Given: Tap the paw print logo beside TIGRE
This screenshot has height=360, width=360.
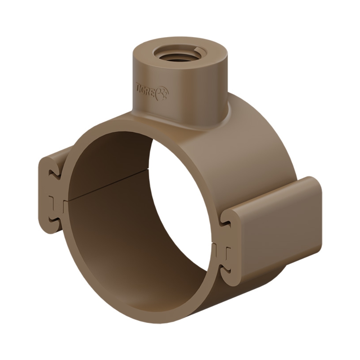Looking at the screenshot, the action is [163, 93].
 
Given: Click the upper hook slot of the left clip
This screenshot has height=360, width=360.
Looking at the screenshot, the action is [54, 173].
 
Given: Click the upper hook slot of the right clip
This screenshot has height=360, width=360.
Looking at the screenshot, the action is [225, 220].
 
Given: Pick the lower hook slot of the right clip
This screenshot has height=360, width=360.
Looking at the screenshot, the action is [226, 270].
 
